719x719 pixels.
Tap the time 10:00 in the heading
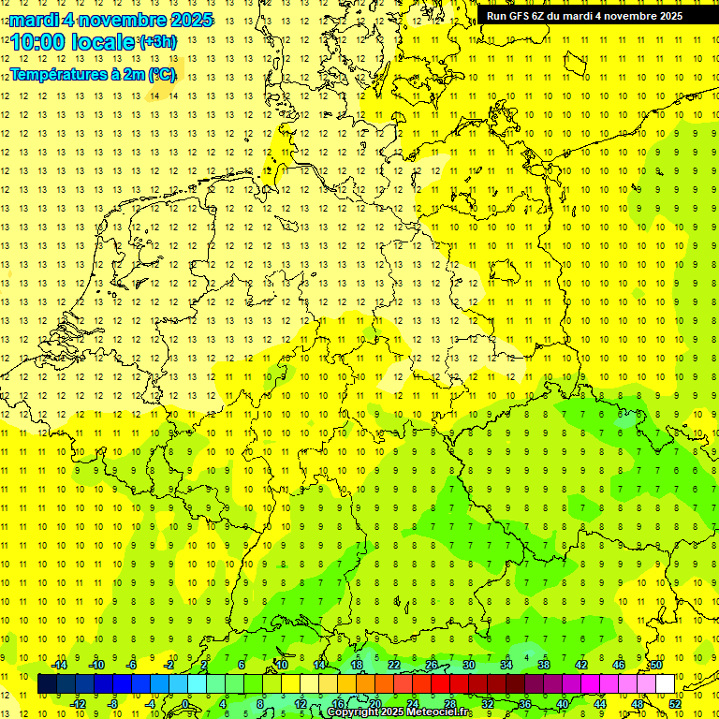[43, 42]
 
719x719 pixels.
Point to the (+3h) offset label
[156, 42]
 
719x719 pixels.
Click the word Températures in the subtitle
[60, 74]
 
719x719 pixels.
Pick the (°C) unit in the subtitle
[161, 74]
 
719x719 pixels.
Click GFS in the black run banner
[519, 16]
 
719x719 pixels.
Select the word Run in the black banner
[496, 16]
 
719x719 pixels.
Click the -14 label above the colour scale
[59, 665]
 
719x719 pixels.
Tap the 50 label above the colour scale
[656, 665]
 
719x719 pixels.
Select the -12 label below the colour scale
[78, 704]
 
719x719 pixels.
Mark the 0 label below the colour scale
[186, 704]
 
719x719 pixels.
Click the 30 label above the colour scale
[468, 665]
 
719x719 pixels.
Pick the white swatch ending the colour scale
[666, 684]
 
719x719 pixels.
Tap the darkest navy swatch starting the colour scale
[47, 684]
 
